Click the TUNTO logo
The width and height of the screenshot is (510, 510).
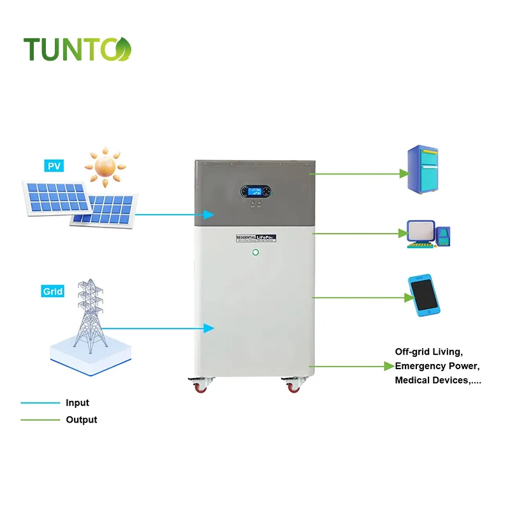77,49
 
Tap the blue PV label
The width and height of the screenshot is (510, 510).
54,166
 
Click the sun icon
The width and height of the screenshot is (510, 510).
105,164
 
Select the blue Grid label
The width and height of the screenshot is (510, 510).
53,291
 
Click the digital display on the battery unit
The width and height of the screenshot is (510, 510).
255,191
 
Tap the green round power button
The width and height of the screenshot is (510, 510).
256,252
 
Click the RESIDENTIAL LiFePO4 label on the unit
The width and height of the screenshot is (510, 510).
256,237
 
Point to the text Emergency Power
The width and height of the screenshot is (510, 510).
437,367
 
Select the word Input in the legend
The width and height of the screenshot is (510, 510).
77,403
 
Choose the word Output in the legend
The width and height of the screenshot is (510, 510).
82,419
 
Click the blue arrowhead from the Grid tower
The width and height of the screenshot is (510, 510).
208,328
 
